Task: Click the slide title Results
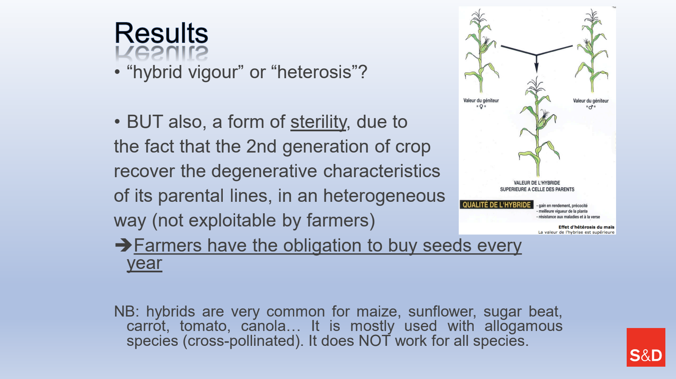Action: click(161, 33)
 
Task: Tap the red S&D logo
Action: click(646, 347)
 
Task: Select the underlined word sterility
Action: click(318, 122)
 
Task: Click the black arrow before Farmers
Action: click(123, 245)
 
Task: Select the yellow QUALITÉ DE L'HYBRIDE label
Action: click(497, 205)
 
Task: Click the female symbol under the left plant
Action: click(481, 107)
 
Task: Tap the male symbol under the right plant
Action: click(591, 107)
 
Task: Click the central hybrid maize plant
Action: click(538, 127)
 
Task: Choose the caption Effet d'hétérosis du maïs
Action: click(586, 227)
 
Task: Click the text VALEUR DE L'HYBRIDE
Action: click(537, 183)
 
